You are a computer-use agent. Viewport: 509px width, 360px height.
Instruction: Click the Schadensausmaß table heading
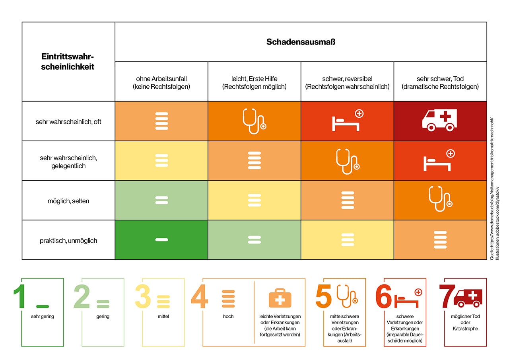click(301, 42)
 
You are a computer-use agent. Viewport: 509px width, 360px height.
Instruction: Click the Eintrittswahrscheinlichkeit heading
click(68, 62)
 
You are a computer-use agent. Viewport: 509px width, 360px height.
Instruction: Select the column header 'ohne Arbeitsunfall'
click(161, 82)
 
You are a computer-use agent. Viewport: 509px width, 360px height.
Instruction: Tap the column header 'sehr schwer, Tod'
click(440, 82)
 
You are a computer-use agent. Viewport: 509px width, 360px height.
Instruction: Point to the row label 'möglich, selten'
click(68, 201)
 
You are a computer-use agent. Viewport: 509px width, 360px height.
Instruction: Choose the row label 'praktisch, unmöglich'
click(68, 240)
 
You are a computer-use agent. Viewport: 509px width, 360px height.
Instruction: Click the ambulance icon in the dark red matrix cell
click(439, 120)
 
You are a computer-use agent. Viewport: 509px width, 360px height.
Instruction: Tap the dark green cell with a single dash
click(161, 240)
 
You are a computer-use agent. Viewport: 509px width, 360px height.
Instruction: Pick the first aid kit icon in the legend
click(280, 298)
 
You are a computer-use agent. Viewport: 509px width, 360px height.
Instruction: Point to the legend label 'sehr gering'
click(42, 317)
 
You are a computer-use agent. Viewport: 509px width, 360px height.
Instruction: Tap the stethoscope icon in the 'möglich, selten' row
click(440, 198)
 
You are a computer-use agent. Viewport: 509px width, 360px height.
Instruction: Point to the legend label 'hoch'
click(228, 317)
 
